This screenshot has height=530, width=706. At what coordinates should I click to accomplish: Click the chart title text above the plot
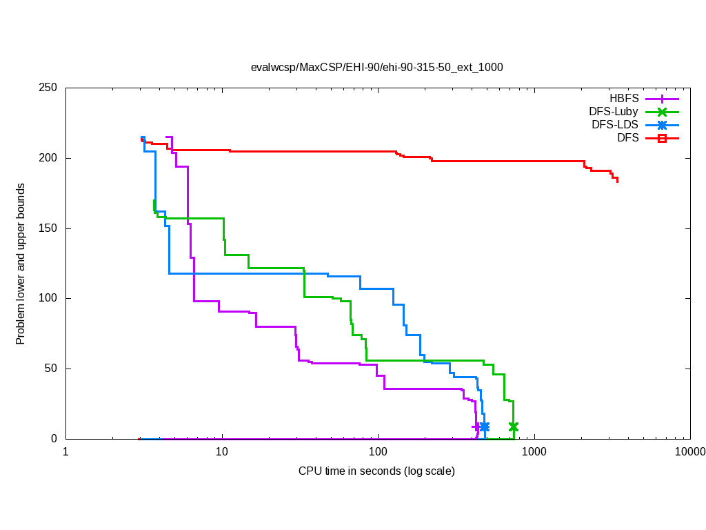click(376, 67)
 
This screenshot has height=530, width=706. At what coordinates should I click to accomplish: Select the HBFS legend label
click(624, 98)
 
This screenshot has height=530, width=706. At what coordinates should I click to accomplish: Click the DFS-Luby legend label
click(614, 111)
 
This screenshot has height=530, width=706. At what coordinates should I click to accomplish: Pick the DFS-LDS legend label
click(615, 125)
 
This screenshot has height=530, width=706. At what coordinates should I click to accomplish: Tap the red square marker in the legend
click(662, 138)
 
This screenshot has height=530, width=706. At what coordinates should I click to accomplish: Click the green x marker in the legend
click(662, 112)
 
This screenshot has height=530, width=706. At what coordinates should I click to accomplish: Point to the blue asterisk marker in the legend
click(662, 125)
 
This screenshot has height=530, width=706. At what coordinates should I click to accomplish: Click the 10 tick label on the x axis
click(222, 452)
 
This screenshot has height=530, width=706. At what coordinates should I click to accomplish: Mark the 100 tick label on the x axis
click(378, 452)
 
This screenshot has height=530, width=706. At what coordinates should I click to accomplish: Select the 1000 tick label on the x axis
click(534, 452)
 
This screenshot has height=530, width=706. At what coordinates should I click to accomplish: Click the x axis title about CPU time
click(376, 471)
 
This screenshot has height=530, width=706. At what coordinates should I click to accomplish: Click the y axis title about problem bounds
click(21, 264)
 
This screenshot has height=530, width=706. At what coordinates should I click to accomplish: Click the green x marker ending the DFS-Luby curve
click(513, 427)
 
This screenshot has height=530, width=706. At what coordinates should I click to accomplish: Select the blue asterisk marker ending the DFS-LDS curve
click(485, 427)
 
